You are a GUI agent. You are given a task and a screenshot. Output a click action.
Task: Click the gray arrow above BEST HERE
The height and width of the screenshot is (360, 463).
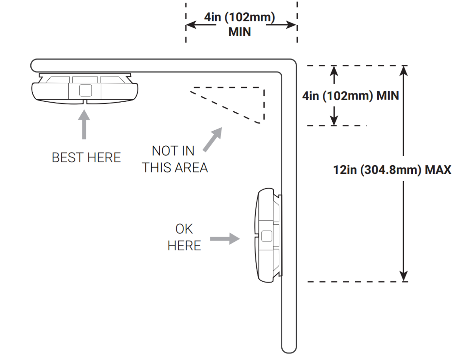click(84, 124)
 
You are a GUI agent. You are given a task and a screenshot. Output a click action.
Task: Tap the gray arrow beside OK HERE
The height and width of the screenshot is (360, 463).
click(225, 238)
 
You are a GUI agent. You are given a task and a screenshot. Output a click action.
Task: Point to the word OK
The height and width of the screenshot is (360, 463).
click(184, 229)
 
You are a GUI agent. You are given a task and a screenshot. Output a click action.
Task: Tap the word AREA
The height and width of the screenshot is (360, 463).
click(191, 168)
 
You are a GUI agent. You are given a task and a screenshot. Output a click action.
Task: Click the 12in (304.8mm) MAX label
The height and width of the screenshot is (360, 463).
click(392, 170)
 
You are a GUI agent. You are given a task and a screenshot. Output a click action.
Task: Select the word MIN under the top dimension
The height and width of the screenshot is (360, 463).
click(240, 32)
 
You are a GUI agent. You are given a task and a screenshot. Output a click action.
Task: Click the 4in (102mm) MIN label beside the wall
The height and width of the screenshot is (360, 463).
click(351, 95)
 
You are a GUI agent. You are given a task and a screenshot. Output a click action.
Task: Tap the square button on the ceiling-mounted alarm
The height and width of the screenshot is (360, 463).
click(86, 90)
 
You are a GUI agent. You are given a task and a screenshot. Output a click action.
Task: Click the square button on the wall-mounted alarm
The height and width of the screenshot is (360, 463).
click(267, 236)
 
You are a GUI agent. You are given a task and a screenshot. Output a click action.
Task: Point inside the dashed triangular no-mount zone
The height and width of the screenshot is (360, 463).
click(245, 100)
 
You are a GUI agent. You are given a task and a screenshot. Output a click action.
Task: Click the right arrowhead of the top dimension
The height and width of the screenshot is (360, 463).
click(291, 25)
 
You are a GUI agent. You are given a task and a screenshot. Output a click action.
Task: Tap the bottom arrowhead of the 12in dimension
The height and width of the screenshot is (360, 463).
click(403, 276)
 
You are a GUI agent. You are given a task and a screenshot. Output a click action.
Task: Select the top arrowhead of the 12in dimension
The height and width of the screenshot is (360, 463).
click(403, 71)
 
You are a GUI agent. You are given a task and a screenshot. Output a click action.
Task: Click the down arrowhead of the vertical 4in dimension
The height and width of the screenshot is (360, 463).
click(334, 121)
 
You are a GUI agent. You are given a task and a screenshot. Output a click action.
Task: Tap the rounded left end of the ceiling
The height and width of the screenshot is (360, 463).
click(34, 65)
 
